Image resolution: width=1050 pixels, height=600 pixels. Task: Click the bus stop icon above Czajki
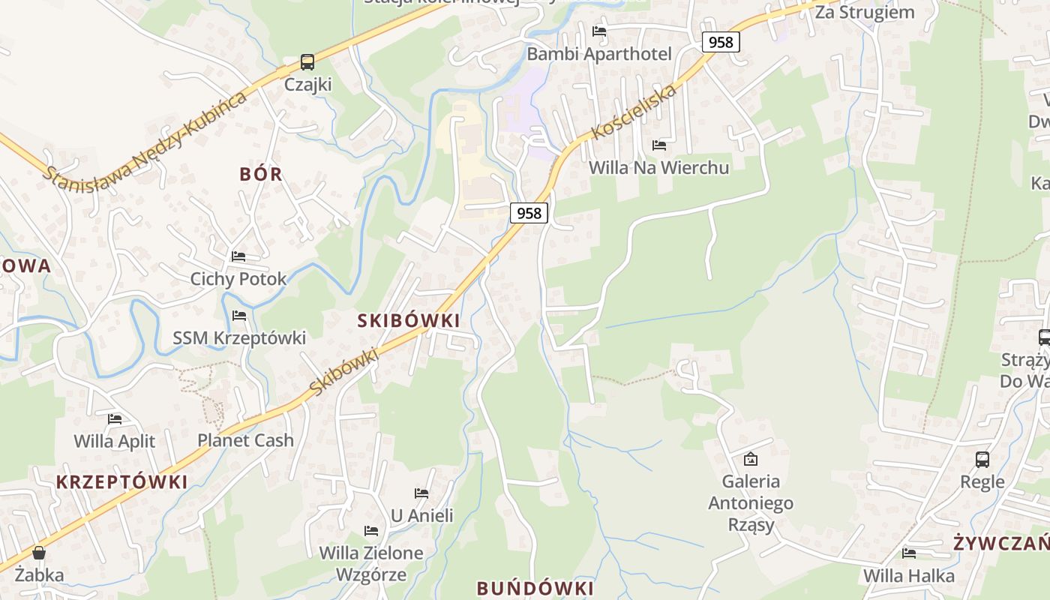pos(307,62)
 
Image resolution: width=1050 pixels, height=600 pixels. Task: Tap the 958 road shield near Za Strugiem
pos(721,42)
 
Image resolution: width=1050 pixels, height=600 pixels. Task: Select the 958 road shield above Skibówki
pos(529,213)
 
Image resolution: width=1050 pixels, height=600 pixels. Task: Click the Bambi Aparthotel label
pos(598,54)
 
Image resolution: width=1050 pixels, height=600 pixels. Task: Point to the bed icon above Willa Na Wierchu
pos(659,145)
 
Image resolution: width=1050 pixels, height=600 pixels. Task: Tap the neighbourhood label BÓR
pos(261,174)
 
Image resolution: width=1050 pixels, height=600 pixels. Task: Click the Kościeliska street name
pos(634,112)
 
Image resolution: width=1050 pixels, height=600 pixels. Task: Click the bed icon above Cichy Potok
pos(238,256)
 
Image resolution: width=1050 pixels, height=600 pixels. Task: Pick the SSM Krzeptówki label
pos(239,338)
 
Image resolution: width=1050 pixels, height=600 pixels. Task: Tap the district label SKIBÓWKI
pos(409,321)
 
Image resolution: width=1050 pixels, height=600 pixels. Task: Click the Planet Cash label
pos(245,440)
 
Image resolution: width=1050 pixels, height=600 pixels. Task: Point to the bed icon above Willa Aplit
pos(115,419)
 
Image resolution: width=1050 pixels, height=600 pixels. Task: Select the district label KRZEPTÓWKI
pos(121,482)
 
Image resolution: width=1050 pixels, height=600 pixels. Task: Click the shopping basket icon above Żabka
pos(39,553)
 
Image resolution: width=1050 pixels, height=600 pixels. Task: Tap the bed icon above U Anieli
pos(421,493)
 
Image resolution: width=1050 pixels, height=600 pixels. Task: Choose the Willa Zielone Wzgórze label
pos(371,564)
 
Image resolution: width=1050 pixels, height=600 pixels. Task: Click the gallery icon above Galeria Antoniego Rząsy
pos(750,459)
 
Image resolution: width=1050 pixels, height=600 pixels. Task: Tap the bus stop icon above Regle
pos(982,460)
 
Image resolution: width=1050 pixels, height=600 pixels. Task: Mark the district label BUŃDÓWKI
pos(535,588)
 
